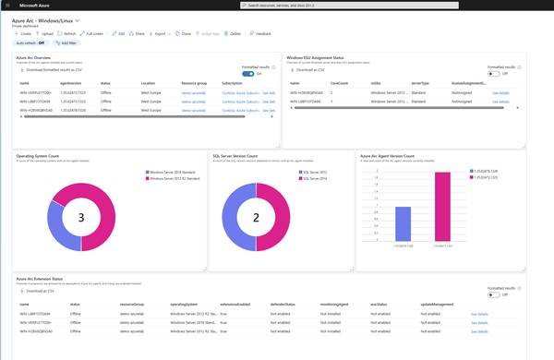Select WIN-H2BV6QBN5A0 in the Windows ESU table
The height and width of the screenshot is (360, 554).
tap(309, 93)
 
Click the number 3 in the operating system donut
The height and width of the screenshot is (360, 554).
tap(80, 218)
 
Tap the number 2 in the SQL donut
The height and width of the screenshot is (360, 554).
tap(255, 218)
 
